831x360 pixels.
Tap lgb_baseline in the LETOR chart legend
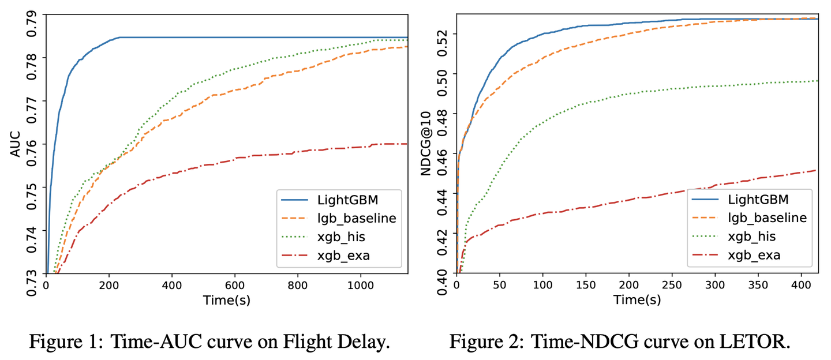click(x=767, y=217)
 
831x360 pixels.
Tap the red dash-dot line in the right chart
click(x=635, y=198)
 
